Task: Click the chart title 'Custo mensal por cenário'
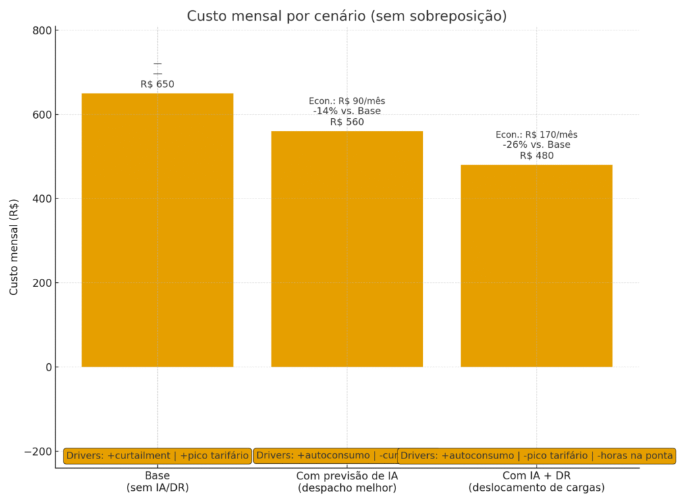point(346,16)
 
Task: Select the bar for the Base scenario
point(157,230)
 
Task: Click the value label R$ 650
point(157,84)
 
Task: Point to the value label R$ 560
point(347,122)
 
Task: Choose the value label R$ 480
point(536,155)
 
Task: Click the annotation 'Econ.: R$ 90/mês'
point(347,101)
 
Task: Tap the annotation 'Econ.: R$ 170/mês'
point(536,134)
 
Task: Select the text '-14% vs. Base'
point(347,111)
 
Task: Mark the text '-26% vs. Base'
point(536,144)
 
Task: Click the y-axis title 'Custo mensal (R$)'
point(14,248)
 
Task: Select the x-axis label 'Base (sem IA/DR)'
point(157,481)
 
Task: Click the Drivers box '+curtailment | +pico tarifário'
point(157,456)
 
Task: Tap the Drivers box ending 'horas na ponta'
point(536,456)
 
